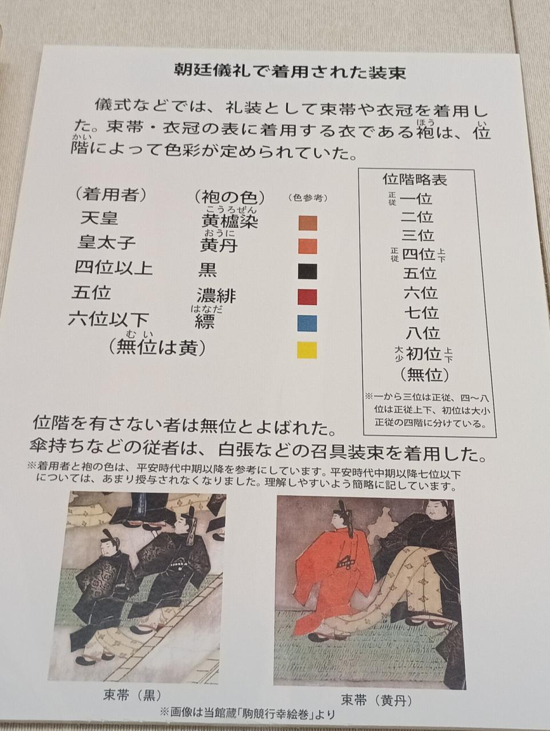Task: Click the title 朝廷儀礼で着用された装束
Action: (290, 71)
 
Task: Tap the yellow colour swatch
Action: (307, 350)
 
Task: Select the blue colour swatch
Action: (307, 323)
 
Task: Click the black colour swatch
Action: (307, 271)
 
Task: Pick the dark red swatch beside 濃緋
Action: (307, 297)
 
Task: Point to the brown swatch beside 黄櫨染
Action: (308, 223)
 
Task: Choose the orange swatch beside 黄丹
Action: (308, 247)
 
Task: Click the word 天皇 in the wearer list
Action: (99, 219)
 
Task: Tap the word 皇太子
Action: (106, 243)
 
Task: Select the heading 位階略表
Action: (415, 180)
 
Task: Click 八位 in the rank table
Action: (423, 332)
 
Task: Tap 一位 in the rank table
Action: (416, 199)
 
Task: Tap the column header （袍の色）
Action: (230, 198)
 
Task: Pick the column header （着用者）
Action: (111, 194)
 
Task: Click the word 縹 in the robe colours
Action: (204, 321)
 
